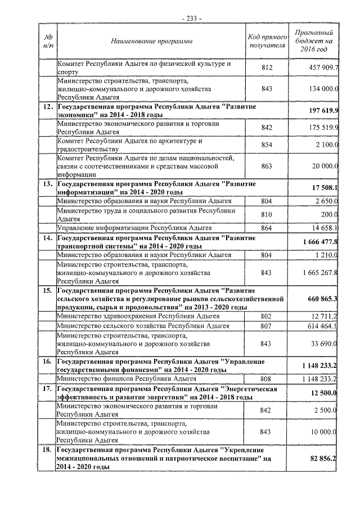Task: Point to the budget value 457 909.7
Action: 319,68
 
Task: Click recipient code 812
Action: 267,68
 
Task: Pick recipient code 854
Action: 267,145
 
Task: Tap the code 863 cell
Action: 267,166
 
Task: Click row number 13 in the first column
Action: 48,184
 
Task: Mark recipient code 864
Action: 267,228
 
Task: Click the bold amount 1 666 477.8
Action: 318,242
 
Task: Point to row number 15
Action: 48,290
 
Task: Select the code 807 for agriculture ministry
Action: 267,326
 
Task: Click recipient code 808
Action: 267,379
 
